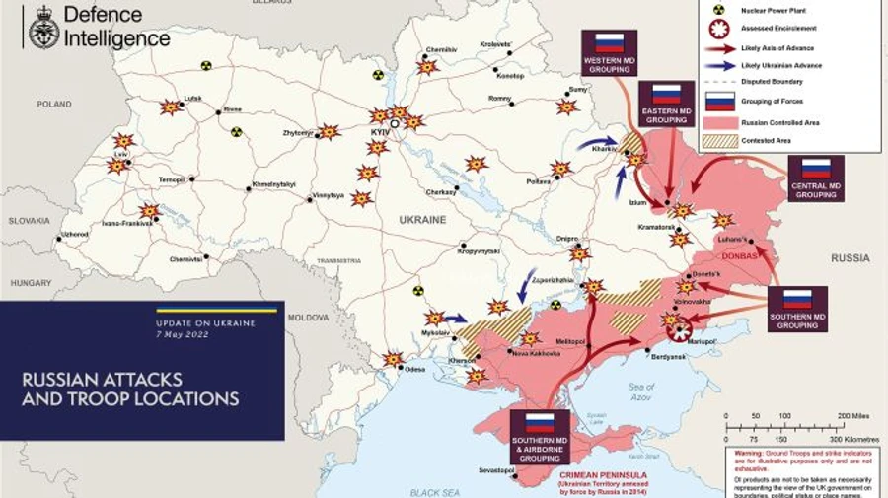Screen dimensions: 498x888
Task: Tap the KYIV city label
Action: (x=382, y=132)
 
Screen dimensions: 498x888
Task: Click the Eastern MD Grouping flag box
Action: (x=667, y=105)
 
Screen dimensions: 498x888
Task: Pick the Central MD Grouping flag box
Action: (x=815, y=178)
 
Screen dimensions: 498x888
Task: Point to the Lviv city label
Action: (x=120, y=155)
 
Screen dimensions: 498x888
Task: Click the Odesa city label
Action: (x=415, y=370)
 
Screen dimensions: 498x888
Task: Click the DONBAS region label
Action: (x=739, y=255)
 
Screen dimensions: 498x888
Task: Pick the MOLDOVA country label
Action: (x=308, y=318)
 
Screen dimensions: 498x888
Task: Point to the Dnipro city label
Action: (x=567, y=239)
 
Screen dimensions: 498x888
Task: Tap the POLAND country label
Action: (x=54, y=104)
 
